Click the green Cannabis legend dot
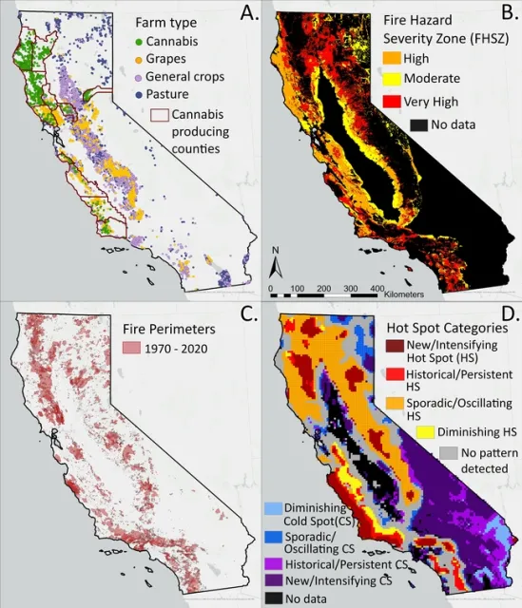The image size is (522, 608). pos(139,42)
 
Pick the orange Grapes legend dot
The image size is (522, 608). pos(139,59)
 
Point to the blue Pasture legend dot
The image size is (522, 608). pos(139,95)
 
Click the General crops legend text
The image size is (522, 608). pos(191,77)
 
